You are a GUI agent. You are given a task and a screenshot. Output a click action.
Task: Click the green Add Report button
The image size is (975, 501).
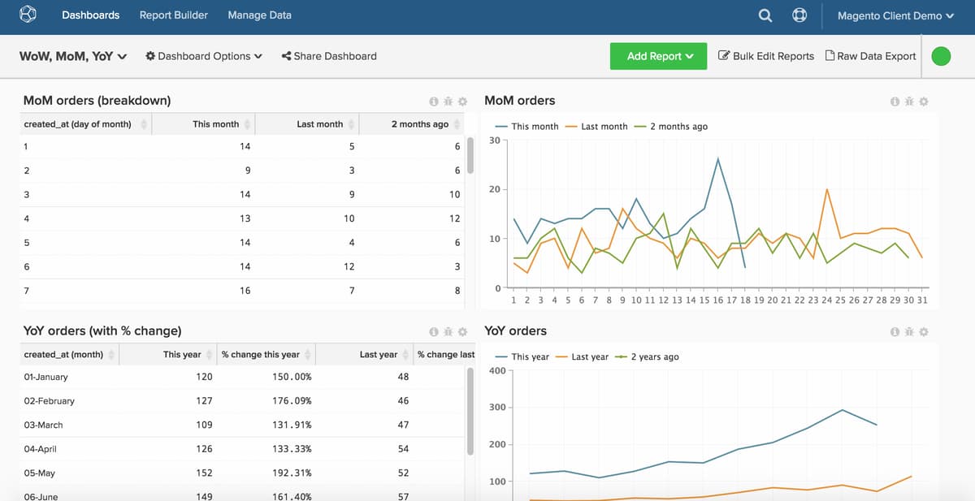click(658, 56)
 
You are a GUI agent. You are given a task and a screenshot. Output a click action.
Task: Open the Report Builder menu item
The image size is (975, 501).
click(173, 15)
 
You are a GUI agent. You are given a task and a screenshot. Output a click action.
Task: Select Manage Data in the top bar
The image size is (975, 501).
click(259, 15)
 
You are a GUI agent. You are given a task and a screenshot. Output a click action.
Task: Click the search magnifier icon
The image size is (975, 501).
click(765, 15)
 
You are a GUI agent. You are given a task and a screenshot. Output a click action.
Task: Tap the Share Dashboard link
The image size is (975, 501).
click(329, 56)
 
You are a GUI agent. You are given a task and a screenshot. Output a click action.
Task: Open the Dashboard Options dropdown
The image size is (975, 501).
click(204, 56)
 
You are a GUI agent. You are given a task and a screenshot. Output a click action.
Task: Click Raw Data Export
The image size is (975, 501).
click(870, 56)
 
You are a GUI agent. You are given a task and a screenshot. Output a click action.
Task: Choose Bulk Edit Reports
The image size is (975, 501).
click(766, 56)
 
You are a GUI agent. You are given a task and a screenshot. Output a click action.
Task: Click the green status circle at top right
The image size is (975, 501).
click(941, 56)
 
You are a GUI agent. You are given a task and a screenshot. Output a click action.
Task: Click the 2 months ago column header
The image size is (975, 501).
click(419, 124)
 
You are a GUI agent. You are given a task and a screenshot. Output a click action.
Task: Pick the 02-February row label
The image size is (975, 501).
click(50, 400)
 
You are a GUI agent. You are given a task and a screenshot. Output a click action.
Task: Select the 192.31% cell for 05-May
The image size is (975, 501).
click(292, 473)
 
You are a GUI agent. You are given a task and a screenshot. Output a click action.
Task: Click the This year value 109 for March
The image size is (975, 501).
click(204, 425)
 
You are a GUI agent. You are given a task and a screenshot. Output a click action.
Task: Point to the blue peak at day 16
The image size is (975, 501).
click(717, 158)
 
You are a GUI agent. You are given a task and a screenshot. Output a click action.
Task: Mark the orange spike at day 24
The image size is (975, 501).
click(826, 189)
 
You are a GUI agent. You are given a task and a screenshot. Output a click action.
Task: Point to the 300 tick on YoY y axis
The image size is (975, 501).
click(496, 408)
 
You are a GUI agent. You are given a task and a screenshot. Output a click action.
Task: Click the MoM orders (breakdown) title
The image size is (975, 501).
click(97, 101)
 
